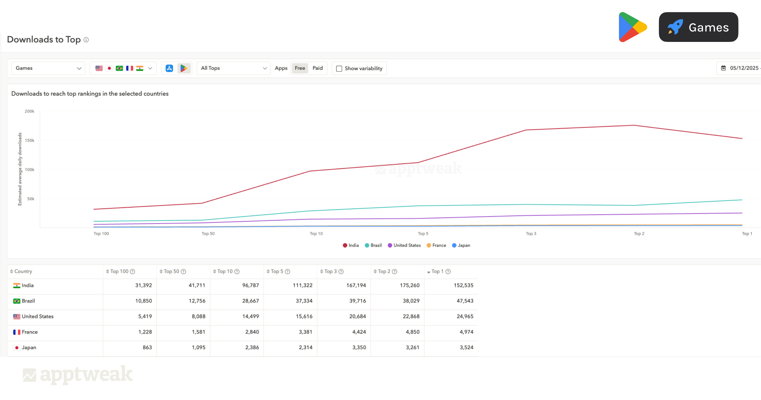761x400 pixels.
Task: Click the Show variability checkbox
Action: tap(339, 69)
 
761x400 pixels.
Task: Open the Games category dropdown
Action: tap(48, 68)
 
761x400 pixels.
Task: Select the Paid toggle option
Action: tap(317, 68)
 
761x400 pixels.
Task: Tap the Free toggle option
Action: tap(300, 68)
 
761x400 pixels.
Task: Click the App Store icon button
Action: tap(169, 68)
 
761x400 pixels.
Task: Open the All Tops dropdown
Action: tap(233, 68)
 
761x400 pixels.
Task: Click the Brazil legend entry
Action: tap(373, 245)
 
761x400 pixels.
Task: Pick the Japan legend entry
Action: tap(461, 245)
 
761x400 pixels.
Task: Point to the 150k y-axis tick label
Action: tap(29, 140)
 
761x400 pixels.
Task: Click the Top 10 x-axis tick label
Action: tap(316, 234)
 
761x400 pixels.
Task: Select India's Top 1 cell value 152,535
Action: tap(463, 285)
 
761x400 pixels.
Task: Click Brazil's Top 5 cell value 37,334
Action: tap(304, 301)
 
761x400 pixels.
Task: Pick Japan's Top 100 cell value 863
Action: tap(147, 348)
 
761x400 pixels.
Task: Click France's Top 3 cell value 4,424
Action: tap(359, 332)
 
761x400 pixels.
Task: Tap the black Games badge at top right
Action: tap(698, 27)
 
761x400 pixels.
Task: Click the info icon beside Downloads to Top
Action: tap(86, 40)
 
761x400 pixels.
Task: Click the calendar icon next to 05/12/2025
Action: tap(723, 68)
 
